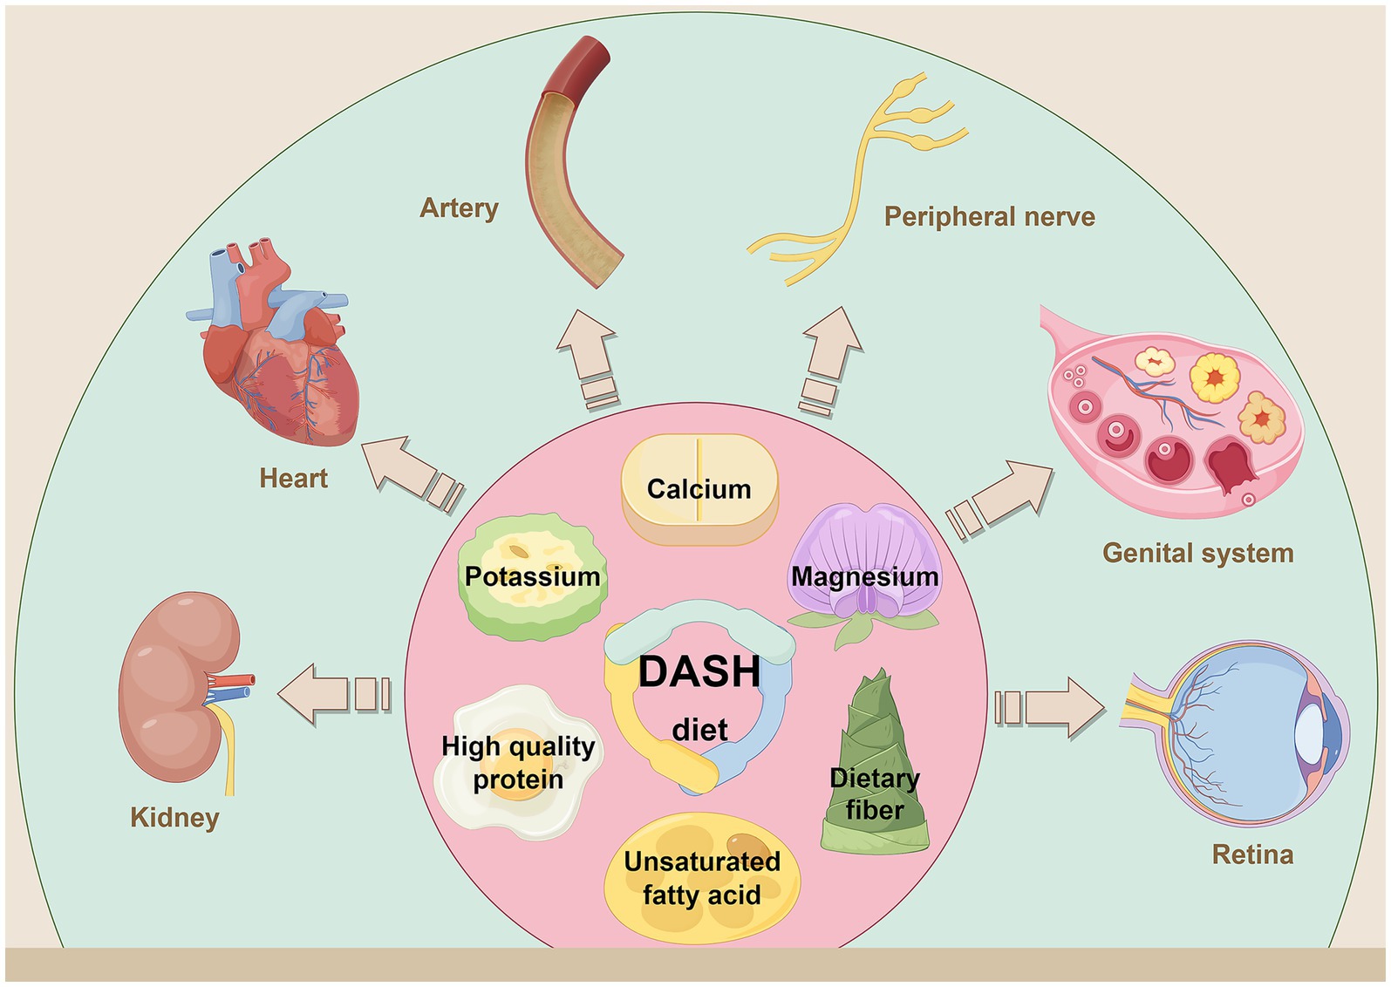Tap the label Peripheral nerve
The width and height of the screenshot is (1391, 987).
coord(989,216)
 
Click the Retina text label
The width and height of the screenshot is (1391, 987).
coord(1252,854)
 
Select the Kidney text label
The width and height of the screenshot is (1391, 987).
coord(174,817)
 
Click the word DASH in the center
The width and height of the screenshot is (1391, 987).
coord(699,671)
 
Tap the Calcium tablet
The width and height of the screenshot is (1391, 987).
coord(699,489)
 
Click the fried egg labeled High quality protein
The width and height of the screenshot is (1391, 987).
coord(518,763)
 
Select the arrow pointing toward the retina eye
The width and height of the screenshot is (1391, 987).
coord(1051,707)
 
